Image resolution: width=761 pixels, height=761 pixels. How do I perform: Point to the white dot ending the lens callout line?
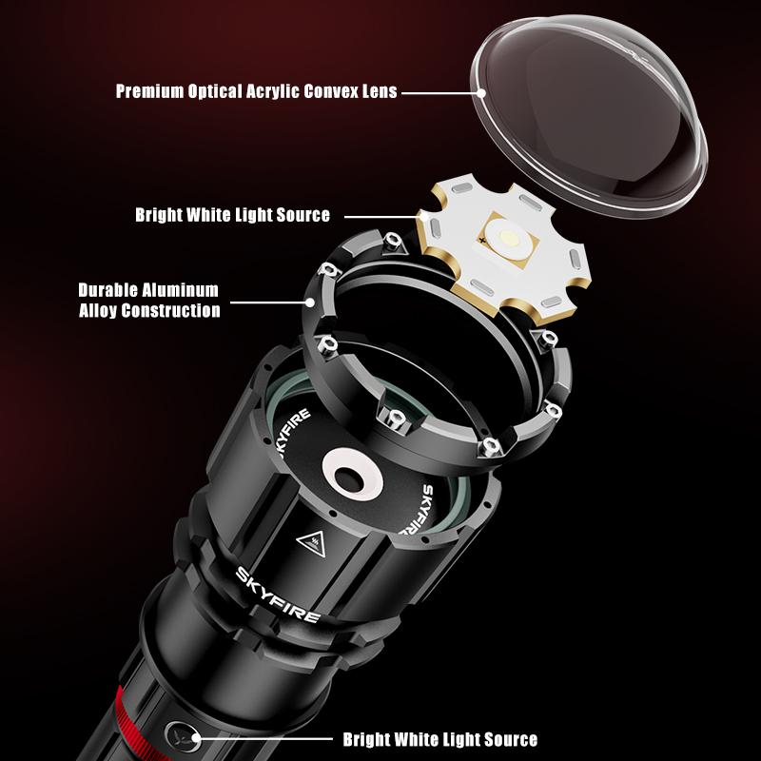[x=482, y=92]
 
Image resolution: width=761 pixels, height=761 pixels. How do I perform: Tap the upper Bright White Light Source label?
[x=232, y=215]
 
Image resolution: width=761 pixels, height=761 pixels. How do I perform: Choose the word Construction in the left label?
[x=175, y=310]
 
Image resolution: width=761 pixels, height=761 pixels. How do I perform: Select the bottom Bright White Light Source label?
[x=439, y=739]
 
